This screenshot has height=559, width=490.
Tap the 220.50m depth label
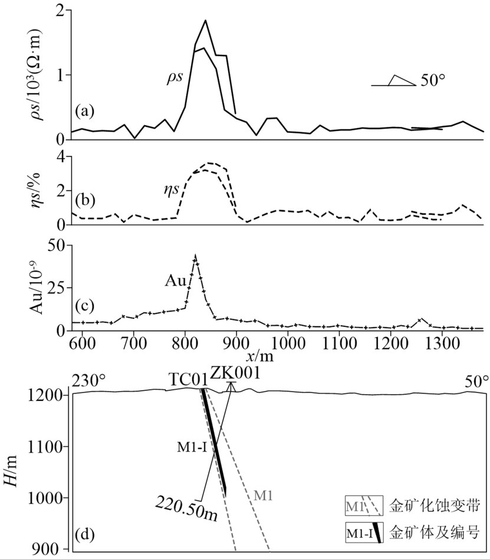click(x=187, y=507)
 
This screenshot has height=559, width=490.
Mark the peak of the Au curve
click(x=195, y=257)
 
